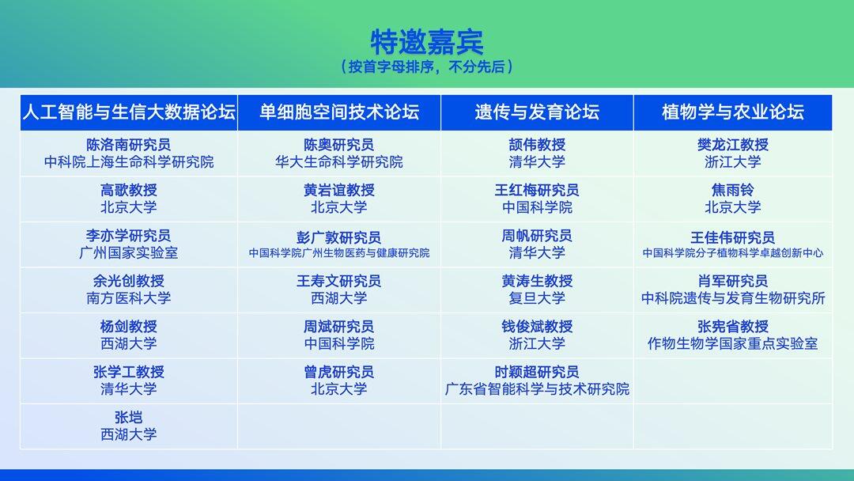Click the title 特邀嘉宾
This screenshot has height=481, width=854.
[426, 41]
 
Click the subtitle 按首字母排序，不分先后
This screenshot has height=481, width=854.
[426, 67]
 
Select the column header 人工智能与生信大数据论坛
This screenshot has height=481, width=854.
[129, 112]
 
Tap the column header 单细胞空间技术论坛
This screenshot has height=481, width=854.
[338, 112]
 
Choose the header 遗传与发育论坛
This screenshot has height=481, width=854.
[537, 112]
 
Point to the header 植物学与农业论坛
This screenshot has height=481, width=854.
[732, 112]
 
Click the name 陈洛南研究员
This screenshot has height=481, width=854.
[129, 144]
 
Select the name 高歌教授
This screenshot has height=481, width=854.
[129, 190]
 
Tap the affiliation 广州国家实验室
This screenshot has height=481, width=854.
[129, 252]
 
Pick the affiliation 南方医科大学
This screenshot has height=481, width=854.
[129, 298]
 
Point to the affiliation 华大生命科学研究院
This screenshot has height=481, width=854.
[338, 162]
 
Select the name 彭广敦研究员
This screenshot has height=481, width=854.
[338, 237]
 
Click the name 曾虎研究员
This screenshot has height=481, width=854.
[338, 372]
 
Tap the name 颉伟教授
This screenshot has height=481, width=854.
[537, 144]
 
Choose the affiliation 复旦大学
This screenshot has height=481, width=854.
[537, 298]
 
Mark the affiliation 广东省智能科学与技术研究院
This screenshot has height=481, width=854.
[537, 389]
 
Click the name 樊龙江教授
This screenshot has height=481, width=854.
[732, 144]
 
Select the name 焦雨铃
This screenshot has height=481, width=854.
[732, 190]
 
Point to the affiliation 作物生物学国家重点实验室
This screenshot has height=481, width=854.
[732, 343]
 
